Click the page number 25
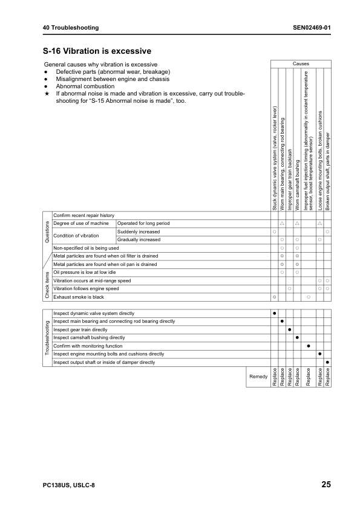click(326, 485)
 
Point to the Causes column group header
click(301, 63)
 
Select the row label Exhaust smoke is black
click(79, 297)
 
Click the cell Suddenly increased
click(139, 232)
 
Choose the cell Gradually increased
click(139, 239)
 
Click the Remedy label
click(258, 376)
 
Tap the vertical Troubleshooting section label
click(47, 338)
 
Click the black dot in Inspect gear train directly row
click(289, 329)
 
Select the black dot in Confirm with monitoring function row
click(309, 346)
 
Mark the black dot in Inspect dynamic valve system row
click(274, 313)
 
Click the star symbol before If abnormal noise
click(47, 94)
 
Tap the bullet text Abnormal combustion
click(85, 86)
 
